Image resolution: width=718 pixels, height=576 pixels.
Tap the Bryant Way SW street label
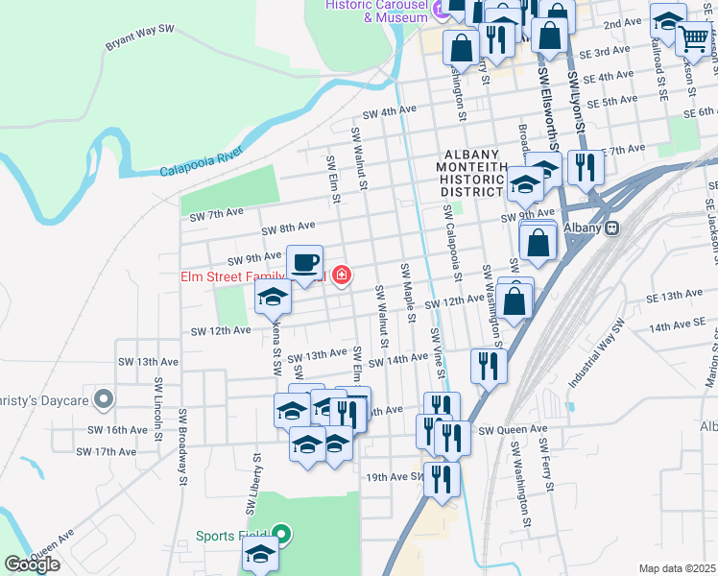[x=139, y=36]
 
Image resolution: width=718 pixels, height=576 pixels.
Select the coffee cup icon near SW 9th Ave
[x=305, y=262]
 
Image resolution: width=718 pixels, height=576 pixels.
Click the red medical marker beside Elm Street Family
[x=341, y=276]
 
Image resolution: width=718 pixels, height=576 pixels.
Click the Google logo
[x=32, y=564]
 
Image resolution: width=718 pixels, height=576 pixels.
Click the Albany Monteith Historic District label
[x=472, y=174]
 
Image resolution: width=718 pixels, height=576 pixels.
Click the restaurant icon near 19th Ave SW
[x=442, y=477]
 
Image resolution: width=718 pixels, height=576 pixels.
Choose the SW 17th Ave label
[x=105, y=451]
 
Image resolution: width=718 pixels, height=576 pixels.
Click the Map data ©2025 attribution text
[x=676, y=568]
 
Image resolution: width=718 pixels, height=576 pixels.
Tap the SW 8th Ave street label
[x=288, y=227]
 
